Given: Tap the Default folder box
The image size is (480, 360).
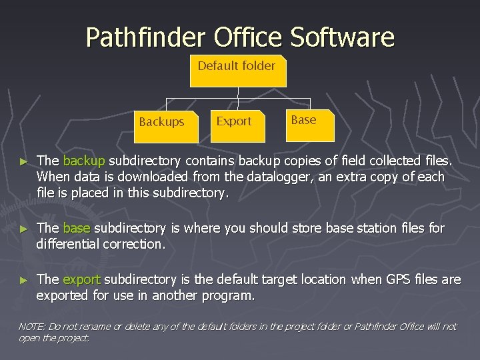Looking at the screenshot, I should (x=238, y=70).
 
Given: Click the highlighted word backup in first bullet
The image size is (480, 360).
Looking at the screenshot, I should (x=84, y=161).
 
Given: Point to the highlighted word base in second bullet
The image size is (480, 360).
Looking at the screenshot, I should (x=77, y=228).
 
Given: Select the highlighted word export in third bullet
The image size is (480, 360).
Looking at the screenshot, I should (x=82, y=279).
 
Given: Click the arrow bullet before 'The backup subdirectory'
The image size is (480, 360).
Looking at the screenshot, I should (x=25, y=162).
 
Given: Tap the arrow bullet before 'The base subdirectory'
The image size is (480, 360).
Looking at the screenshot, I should (x=25, y=229).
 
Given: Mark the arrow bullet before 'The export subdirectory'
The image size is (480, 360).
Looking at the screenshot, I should (x=25, y=280).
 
